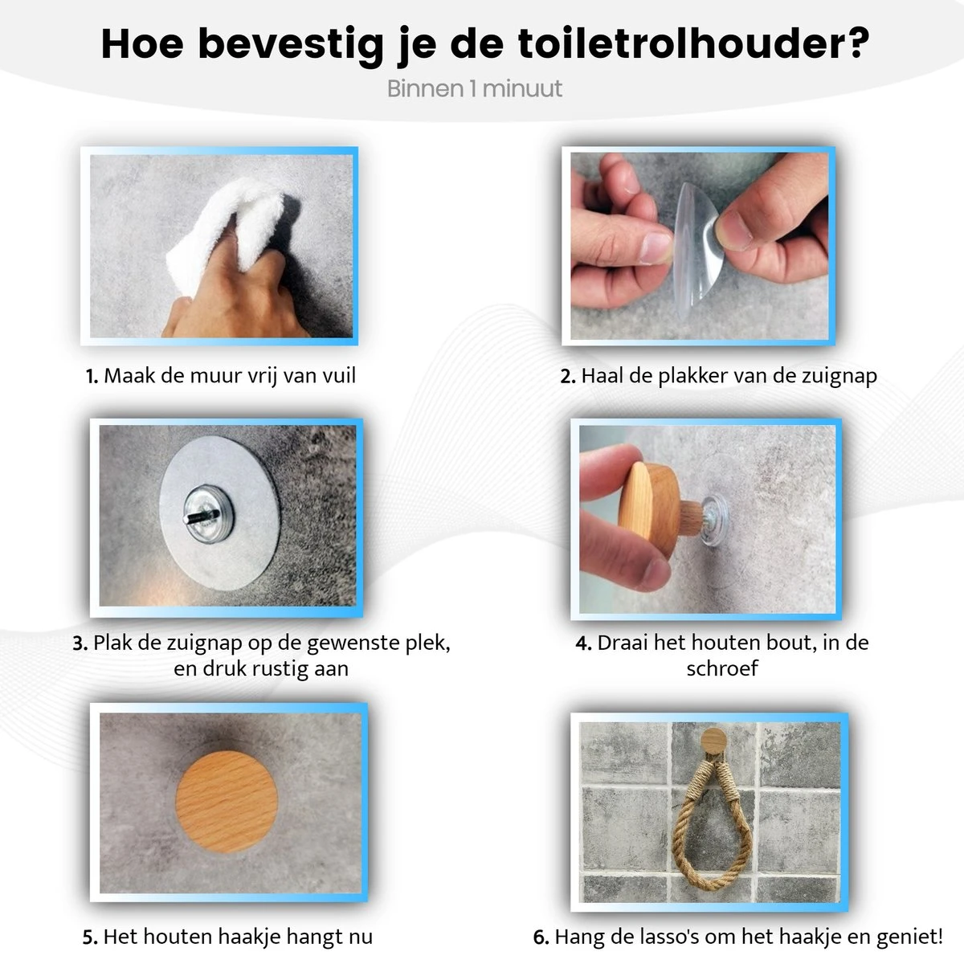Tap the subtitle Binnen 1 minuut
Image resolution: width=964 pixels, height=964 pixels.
[474, 88]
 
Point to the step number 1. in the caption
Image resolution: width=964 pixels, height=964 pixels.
[92, 376]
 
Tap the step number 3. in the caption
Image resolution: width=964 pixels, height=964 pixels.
[80, 643]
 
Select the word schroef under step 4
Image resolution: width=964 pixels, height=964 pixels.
[721, 668]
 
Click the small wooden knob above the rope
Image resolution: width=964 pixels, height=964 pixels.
[713, 740]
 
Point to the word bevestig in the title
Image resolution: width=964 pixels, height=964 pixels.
[291, 44]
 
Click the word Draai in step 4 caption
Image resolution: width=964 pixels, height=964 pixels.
[623, 643]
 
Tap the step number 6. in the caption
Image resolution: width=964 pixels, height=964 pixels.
[541, 937]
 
